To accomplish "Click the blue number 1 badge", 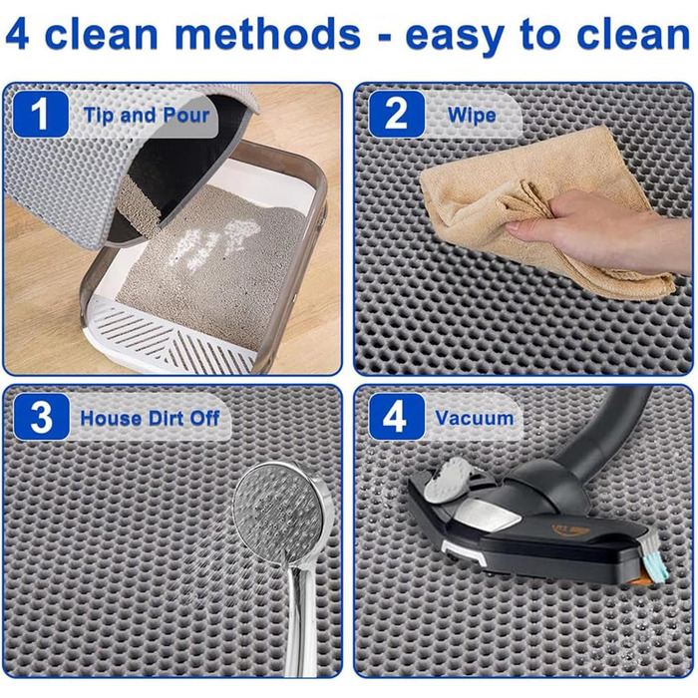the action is (x=41, y=115).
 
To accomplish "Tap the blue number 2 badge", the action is (x=396, y=115).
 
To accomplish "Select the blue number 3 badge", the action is (x=42, y=417).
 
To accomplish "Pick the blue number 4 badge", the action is (x=396, y=417).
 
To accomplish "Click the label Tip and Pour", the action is (x=146, y=116).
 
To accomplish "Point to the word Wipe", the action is (x=472, y=116).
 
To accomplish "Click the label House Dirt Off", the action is (x=150, y=419).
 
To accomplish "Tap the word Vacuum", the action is (x=474, y=419).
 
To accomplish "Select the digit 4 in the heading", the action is (x=17, y=34).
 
